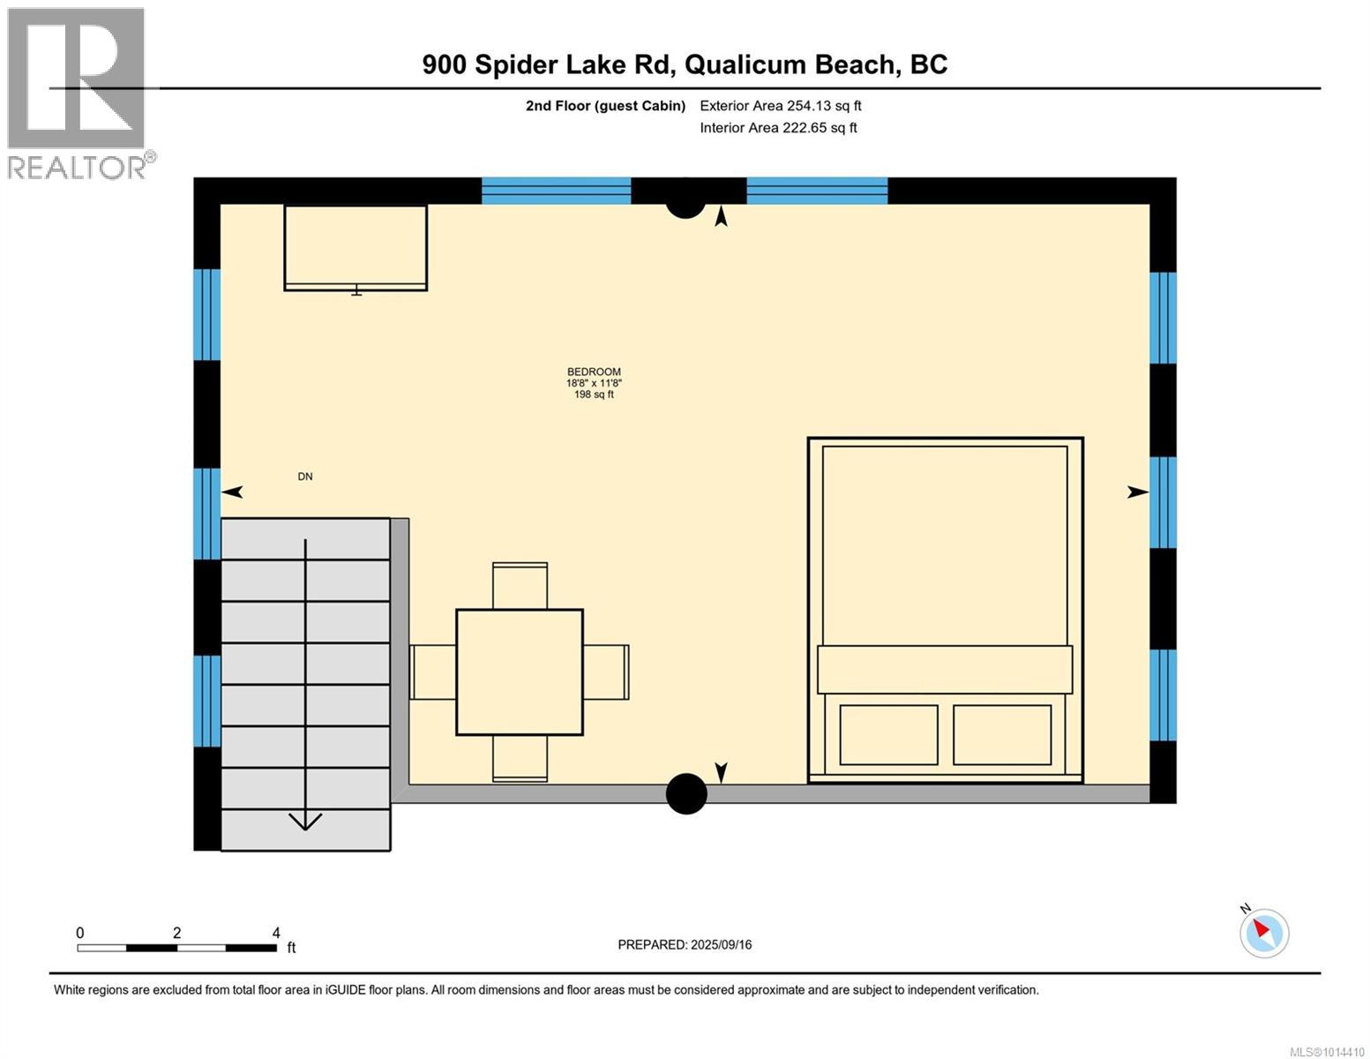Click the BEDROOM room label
(x=594, y=372)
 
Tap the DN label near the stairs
(x=304, y=477)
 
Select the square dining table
(x=519, y=672)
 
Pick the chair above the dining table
(x=520, y=585)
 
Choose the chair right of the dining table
(x=606, y=672)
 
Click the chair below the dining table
(x=520, y=759)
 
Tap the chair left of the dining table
(x=433, y=672)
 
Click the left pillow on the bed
(x=888, y=734)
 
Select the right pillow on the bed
(x=1002, y=734)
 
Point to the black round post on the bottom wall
(x=686, y=793)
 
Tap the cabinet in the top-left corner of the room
(x=356, y=247)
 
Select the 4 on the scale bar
(x=276, y=933)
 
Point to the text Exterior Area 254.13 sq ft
(x=780, y=106)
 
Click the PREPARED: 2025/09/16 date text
(x=685, y=944)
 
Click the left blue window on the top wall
(x=556, y=191)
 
